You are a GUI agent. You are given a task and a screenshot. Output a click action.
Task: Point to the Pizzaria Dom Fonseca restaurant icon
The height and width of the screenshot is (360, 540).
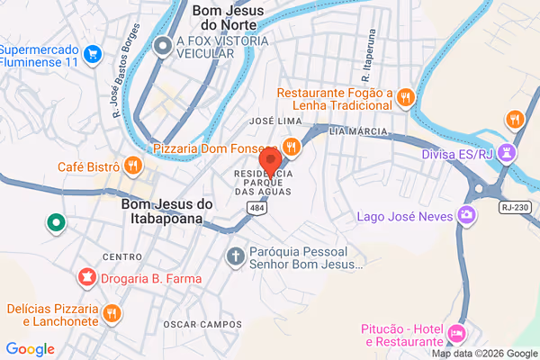click(291, 146)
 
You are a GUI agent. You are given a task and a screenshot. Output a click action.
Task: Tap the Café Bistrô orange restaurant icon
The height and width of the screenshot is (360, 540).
click(132, 165)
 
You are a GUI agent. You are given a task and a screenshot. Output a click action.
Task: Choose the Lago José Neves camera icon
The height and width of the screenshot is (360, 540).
click(466, 215)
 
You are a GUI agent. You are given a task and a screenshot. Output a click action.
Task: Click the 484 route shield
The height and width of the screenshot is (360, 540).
click(257, 208)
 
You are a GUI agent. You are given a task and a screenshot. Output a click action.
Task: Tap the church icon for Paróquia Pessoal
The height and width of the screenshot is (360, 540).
click(236, 256)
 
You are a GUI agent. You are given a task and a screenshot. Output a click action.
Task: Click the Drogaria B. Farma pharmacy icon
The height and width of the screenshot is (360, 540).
click(86, 278)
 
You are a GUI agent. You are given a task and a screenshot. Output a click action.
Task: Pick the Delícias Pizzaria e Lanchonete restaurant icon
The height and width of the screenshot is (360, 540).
click(112, 313)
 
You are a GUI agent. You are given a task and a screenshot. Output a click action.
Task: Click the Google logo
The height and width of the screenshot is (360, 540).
click(30, 349)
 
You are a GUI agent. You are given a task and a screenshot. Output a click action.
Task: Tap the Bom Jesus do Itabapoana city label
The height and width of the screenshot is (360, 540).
click(166, 212)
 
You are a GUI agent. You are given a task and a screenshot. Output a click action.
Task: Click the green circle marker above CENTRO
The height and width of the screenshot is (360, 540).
click(56, 222)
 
